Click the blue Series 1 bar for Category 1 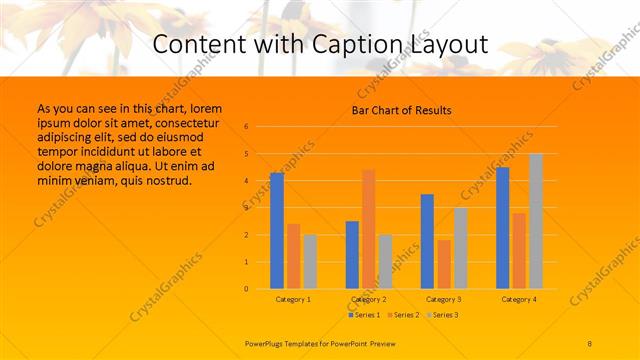[277, 231]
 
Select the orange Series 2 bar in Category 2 [368, 229]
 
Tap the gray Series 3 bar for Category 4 [536, 221]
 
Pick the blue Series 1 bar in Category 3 [427, 241]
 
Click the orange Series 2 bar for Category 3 [444, 264]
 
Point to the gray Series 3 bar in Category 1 [310, 262]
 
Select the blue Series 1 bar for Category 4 [503, 228]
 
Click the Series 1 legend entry [363, 315]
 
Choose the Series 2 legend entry [403, 315]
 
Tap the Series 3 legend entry [443, 315]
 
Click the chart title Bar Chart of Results [401, 110]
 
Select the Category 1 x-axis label [293, 299]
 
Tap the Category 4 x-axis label [519, 299]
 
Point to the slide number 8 [590, 343]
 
